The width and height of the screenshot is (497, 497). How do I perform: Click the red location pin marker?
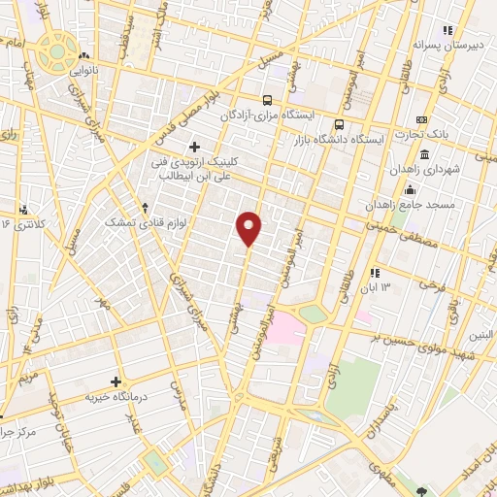point(249,227)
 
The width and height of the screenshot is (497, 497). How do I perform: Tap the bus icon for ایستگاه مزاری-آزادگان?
point(268,99)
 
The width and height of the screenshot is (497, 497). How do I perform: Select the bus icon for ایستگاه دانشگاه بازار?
point(339,124)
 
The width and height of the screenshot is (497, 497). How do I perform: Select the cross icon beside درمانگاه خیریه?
point(117,381)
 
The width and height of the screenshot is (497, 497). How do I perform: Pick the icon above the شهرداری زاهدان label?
point(425,154)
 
